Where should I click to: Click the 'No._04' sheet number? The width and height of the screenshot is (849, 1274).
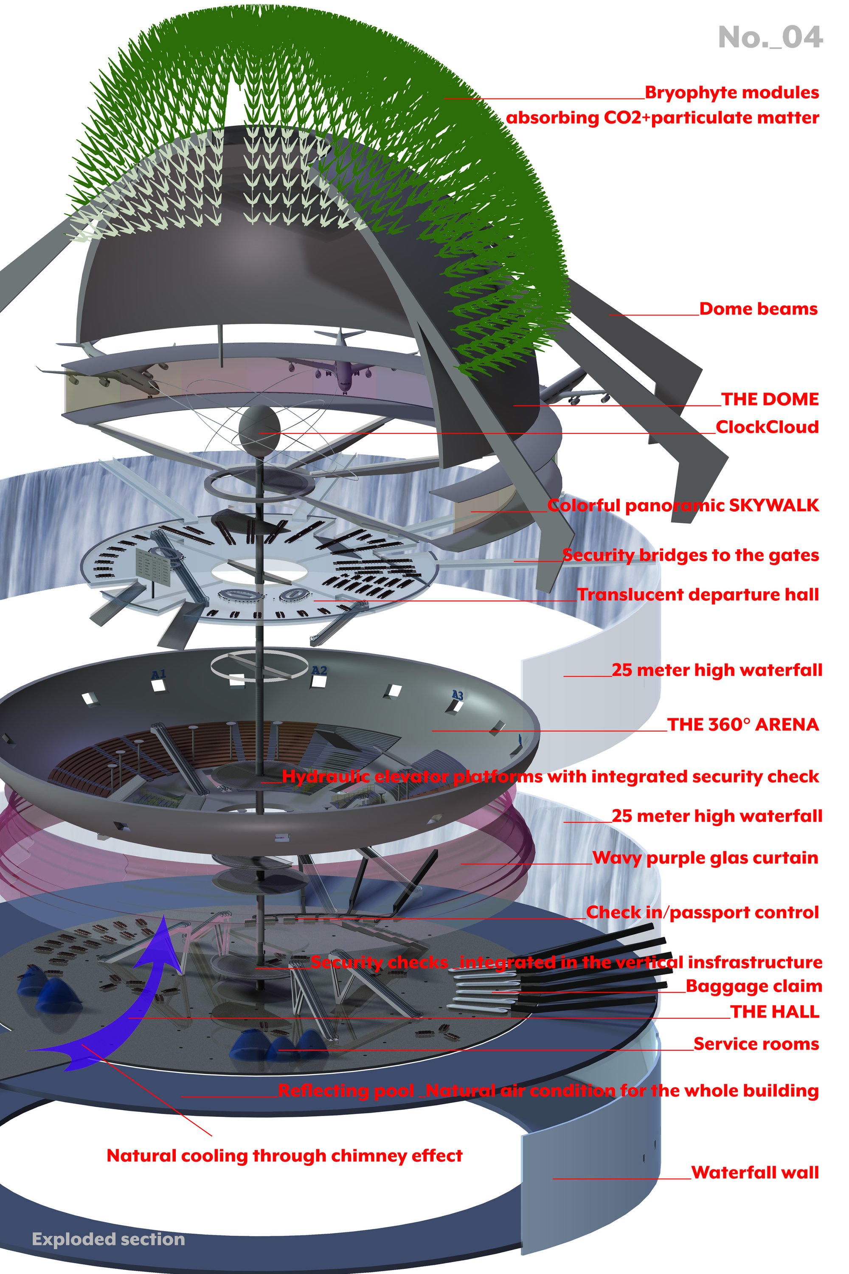coord(770,37)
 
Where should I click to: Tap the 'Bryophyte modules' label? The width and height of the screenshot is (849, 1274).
coord(731,93)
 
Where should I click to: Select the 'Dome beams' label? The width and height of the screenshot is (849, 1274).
coord(758,309)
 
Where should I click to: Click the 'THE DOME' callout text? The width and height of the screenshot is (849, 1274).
coord(769,399)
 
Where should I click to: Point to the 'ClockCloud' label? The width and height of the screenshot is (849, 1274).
coord(767,427)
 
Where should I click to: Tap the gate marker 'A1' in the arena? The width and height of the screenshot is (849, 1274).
coord(158,674)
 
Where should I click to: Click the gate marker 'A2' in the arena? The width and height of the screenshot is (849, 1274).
coord(320,670)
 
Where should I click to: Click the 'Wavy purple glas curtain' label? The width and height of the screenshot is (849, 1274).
coord(705,858)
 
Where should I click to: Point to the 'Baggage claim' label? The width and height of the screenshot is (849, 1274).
coord(754,986)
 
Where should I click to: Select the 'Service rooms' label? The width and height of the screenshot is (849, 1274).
coord(756,1043)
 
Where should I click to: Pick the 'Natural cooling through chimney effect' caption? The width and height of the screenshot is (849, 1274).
coord(284,1156)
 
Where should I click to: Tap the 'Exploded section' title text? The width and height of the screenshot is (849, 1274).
coord(108,1239)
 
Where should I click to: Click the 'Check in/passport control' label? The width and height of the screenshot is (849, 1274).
coord(702,912)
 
